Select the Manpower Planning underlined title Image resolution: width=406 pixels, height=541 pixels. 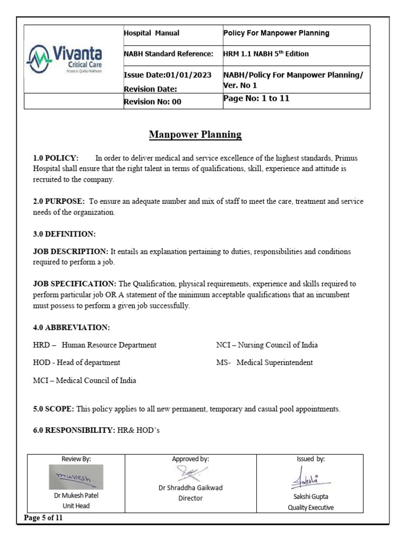(x=195, y=135)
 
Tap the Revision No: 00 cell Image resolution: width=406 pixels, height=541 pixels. (x=152, y=101)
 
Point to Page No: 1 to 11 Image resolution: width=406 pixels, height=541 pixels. (x=256, y=98)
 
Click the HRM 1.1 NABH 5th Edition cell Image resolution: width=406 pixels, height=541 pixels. (x=266, y=54)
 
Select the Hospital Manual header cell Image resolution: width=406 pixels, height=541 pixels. (x=151, y=33)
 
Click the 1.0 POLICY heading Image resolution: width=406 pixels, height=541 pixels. (x=56, y=158)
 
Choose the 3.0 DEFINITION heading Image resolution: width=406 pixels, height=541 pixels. (x=64, y=234)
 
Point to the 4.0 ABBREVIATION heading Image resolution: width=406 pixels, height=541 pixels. (x=71, y=328)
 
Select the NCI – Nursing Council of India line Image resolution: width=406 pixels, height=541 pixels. (x=267, y=345)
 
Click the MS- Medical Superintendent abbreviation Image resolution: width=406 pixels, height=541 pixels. (x=264, y=362)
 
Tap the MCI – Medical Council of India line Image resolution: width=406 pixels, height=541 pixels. (x=85, y=380)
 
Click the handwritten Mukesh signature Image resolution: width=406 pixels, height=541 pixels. (x=73, y=477)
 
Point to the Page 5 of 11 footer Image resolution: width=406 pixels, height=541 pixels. (x=43, y=518)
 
